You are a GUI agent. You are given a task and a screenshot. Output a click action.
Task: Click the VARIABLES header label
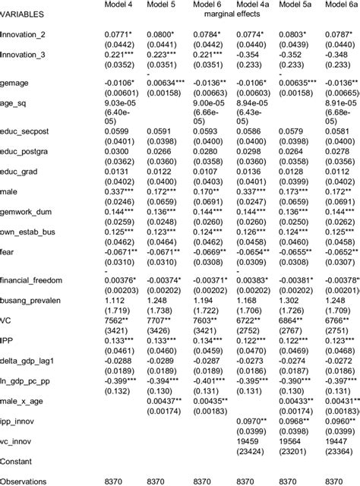[x=22, y=14]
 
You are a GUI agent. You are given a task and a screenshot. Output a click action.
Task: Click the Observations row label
[x=27, y=481]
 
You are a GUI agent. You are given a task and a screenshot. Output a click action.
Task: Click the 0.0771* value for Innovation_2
[x=118, y=34]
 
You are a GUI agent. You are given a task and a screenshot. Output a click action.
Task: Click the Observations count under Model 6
[x=204, y=481]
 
